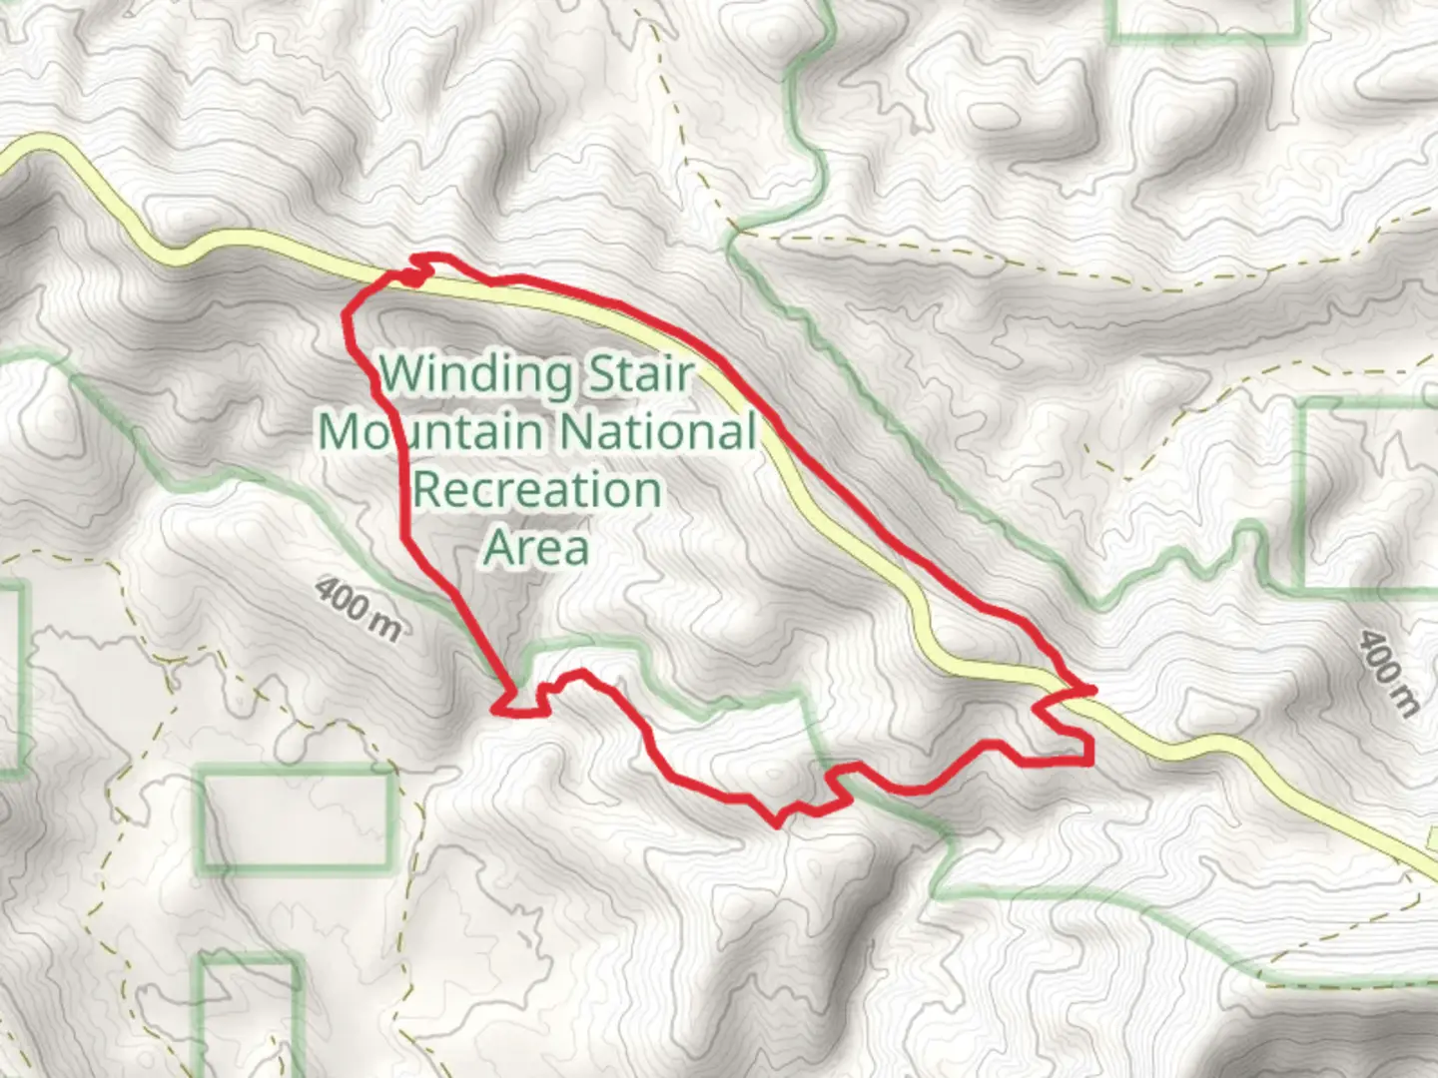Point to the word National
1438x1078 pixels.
pyautogui.click(x=656, y=432)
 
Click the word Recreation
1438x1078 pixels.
pyautogui.click(x=536, y=490)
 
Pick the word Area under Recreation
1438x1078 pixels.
pyautogui.click(x=536, y=547)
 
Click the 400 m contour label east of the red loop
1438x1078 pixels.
pyautogui.click(x=1388, y=674)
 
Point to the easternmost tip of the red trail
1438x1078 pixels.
pyautogui.click(x=1093, y=689)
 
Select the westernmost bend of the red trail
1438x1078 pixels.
pyautogui.click(x=347, y=314)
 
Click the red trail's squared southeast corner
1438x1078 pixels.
pyautogui.click(x=1086, y=761)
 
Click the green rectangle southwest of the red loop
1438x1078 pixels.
pyautogui.click(x=298, y=818)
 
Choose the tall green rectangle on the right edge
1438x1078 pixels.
pyautogui.click(x=1368, y=493)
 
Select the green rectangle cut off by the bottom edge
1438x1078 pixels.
pyautogui.click(x=251, y=1018)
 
